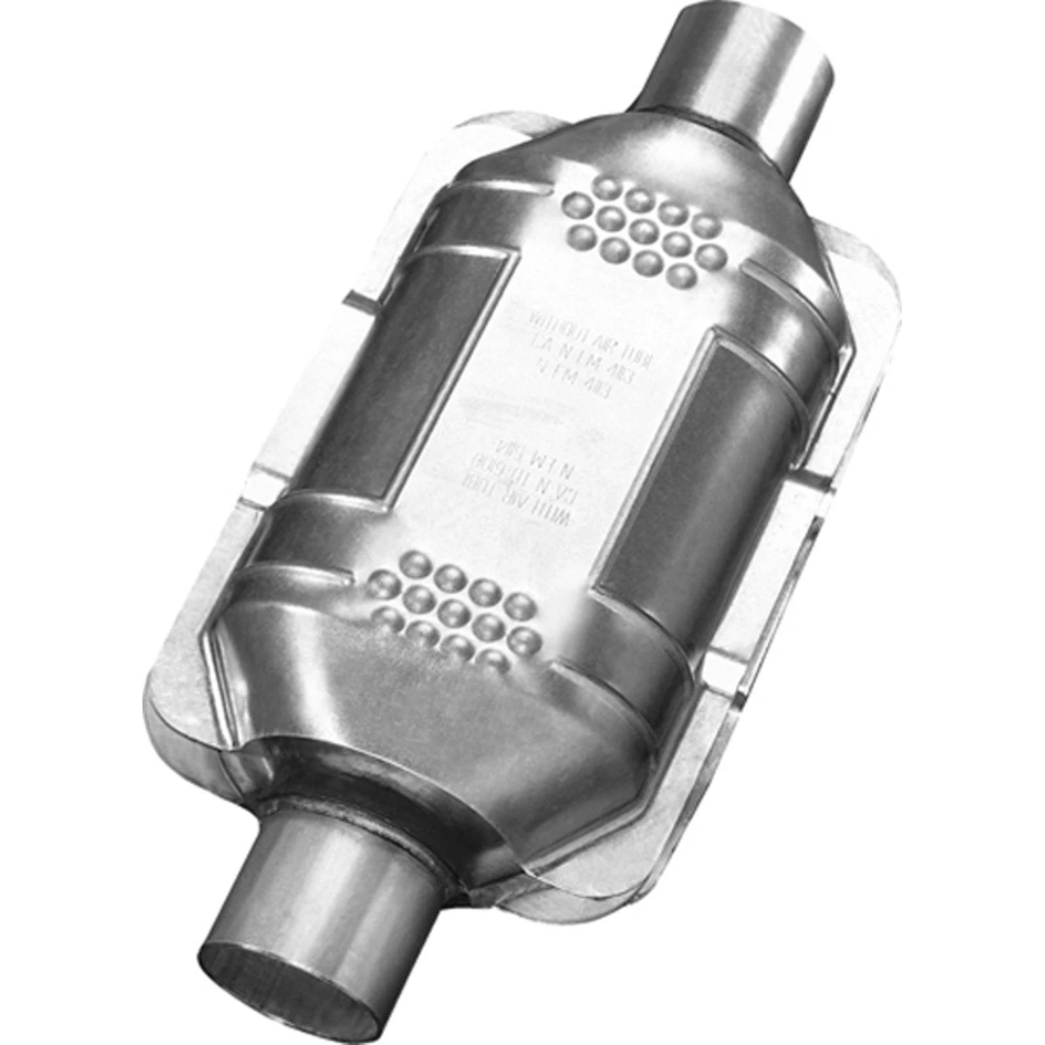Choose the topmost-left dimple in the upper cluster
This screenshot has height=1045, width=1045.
(580, 203)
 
